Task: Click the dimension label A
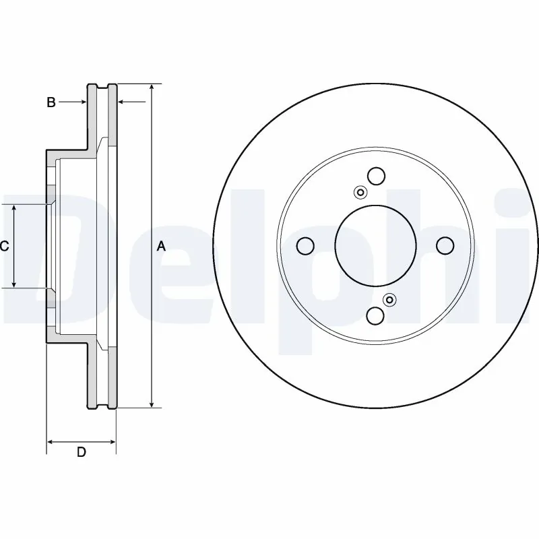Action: pos(161,247)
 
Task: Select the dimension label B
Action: pos(51,102)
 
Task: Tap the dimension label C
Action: pos(4,247)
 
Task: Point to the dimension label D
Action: pos(81,452)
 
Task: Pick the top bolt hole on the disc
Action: pos(375,176)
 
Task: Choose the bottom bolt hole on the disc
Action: pos(375,316)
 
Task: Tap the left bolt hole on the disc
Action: pos(305,246)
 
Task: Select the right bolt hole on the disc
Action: pos(445,246)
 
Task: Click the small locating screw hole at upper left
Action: pos(360,193)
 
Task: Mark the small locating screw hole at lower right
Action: pos(389,300)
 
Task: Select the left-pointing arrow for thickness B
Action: pos(122,102)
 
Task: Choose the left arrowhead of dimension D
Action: pos(51,443)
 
